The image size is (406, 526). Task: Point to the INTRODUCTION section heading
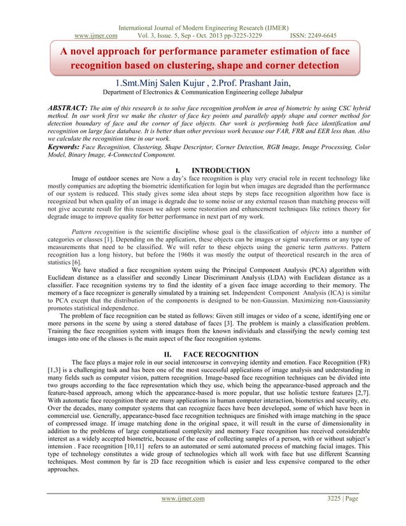pyautogui.click(x=220, y=170)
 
